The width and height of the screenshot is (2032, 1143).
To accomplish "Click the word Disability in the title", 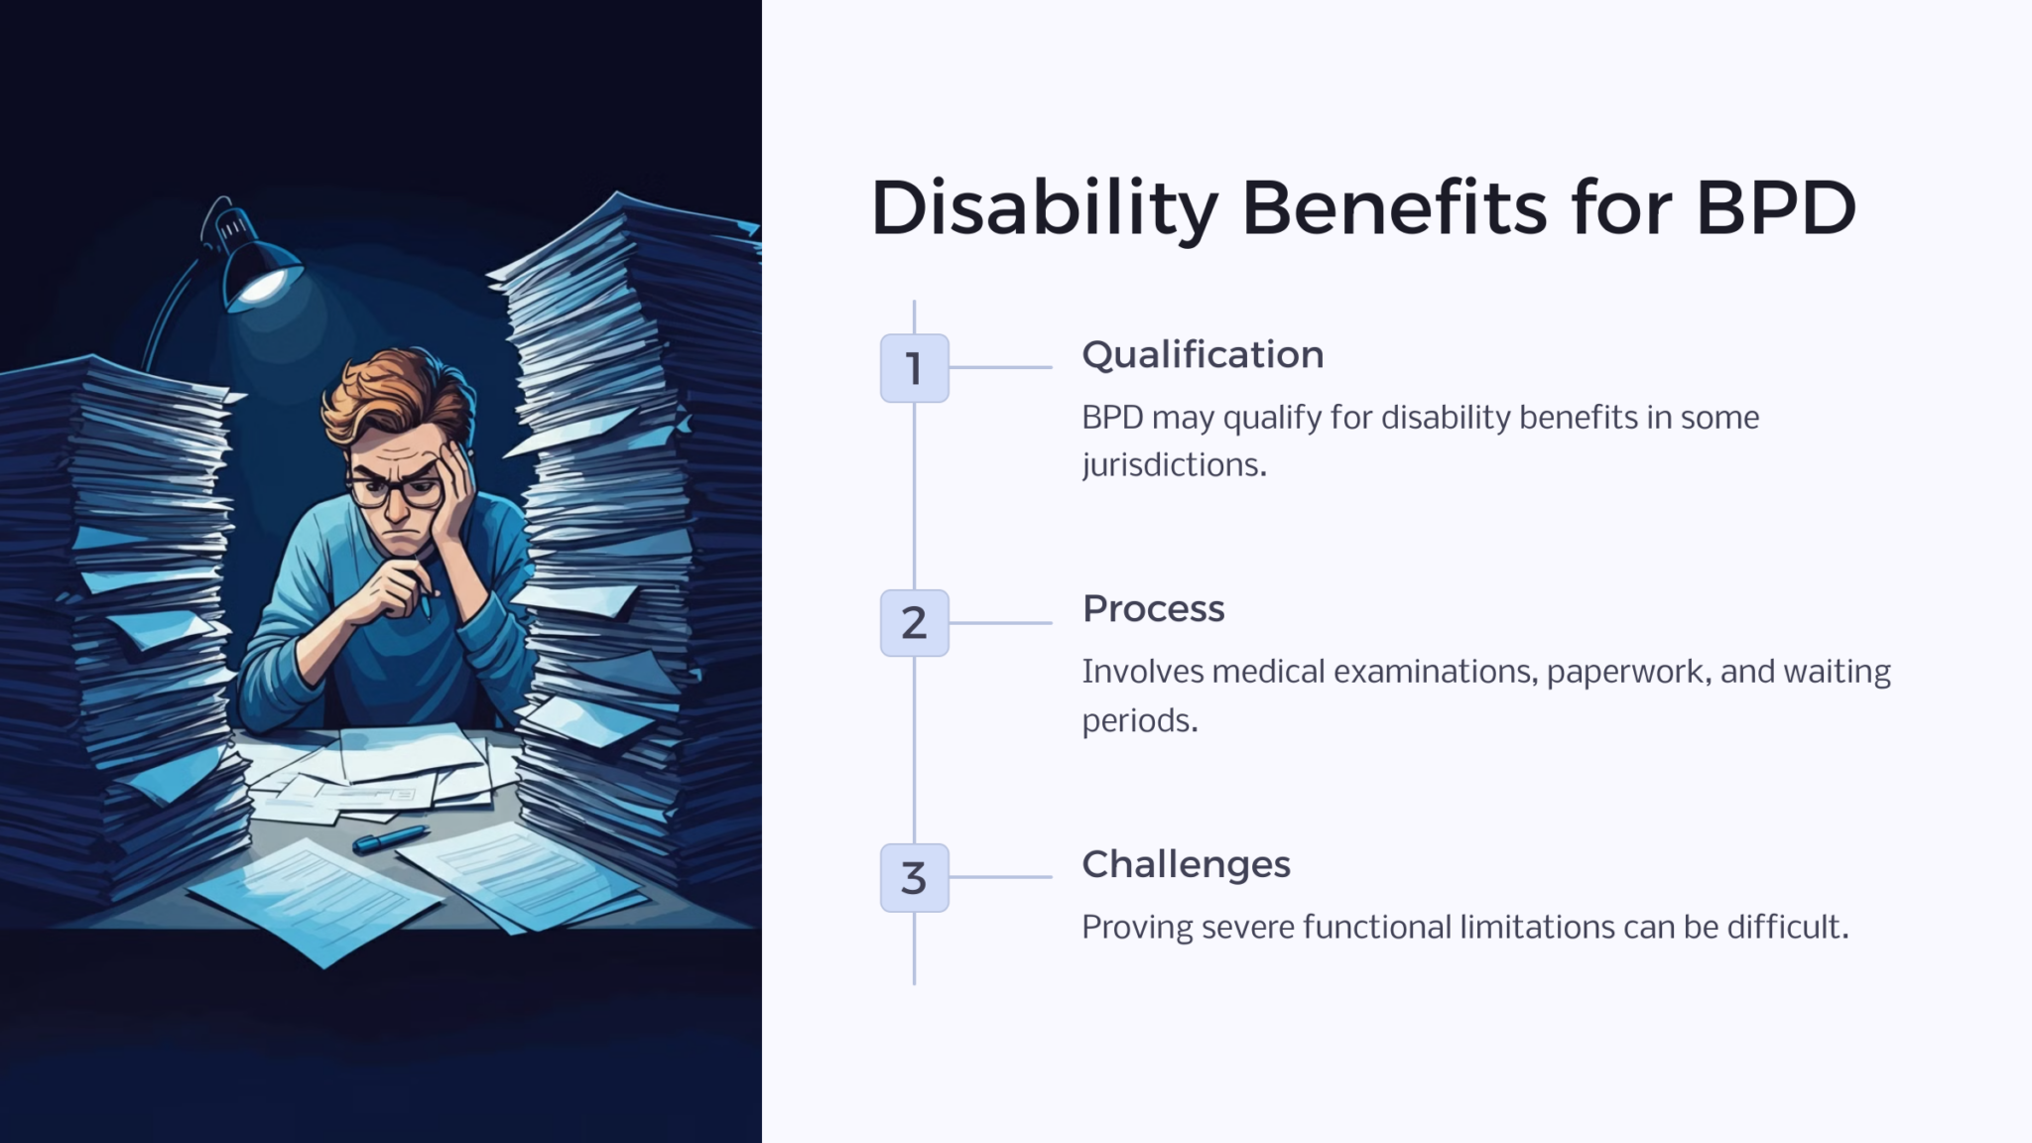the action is (1045, 209).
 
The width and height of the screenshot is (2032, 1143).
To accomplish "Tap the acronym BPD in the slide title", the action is (1776, 208).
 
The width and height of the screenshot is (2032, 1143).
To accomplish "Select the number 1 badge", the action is (914, 368).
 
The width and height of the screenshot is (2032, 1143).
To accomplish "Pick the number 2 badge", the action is (914, 623).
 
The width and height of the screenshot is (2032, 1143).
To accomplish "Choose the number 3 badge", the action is (914, 878).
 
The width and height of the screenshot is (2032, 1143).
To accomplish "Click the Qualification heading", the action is (1203, 355).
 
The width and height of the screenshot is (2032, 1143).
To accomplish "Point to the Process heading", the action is (1153, 608).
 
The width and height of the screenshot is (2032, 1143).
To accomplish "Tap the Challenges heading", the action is (1186, 865).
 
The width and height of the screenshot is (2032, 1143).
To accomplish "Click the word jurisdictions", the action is (1174, 465).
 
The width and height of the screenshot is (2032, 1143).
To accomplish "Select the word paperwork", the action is (1629, 673).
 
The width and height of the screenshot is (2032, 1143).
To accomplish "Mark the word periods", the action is (1140, 721).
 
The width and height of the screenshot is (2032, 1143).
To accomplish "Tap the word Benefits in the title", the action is (1394, 208).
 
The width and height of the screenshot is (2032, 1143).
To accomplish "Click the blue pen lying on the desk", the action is (390, 839).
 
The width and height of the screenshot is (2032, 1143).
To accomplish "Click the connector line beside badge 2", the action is (1001, 623).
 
